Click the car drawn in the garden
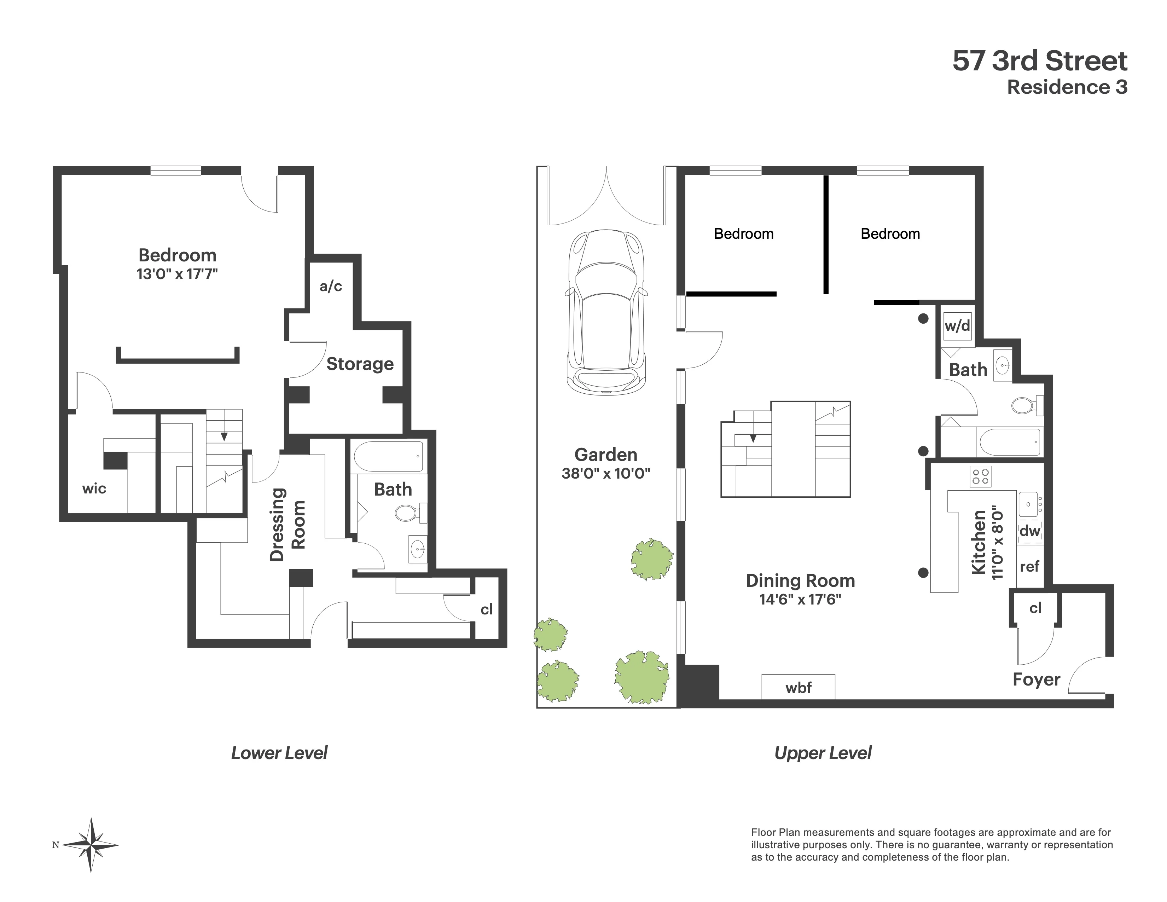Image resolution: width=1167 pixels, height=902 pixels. [606, 313]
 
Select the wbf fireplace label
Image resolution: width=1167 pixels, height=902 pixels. [798, 688]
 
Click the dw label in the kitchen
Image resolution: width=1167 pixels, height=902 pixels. [1030, 531]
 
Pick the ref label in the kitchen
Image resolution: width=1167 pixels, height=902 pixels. [1030, 566]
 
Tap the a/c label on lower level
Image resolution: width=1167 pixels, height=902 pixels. [331, 287]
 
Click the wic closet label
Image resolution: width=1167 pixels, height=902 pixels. [94, 488]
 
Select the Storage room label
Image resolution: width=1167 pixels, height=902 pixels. [360, 364]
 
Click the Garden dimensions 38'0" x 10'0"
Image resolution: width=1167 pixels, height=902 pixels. [605, 473]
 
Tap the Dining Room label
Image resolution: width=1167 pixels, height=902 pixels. [800, 580]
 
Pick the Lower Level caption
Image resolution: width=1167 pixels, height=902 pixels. [279, 753]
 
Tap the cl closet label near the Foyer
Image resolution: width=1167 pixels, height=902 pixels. [1035, 608]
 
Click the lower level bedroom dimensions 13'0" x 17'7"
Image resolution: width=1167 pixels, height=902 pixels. [177, 274]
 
